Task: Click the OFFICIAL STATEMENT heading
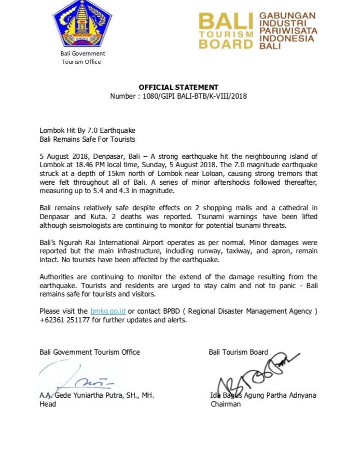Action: [x=178, y=87]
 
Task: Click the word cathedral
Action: [x=292, y=208]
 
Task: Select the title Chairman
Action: [x=226, y=403]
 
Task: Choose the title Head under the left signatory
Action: [x=48, y=403]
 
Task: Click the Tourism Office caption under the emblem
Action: [x=81, y=62]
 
